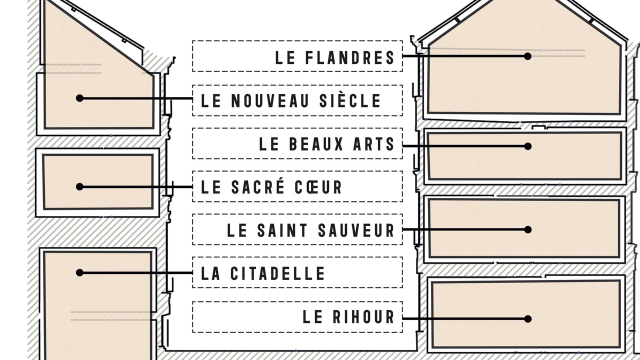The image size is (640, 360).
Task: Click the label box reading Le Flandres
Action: [x=297, y=56]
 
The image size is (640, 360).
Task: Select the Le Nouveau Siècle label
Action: [x=297, y=100]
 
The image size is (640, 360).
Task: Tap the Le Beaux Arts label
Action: [x=297, y=143]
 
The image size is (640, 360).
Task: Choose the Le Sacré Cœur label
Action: [x=297, y=186]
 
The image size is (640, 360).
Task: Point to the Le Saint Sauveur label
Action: [x=297, y=229]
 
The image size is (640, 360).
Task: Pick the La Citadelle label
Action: [x=297, y=272]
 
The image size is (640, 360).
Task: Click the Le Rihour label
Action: [x=297, y=317]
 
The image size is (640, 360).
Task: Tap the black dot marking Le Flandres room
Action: [x=527, y=56]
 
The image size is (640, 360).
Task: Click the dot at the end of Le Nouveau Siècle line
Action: [x=79, y=98]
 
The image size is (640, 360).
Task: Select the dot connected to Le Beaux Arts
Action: [x=527, y=146]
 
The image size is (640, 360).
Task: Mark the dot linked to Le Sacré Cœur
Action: [x=79, y=187]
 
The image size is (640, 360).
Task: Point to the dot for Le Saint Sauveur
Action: [x=527, y=229]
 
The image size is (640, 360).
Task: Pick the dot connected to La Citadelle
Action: [x=79, y=273]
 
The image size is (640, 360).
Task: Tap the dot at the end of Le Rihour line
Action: [x=527, y=319]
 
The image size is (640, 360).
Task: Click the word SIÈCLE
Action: [x=350, y=100]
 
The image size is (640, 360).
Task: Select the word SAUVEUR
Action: [x=356, y=230]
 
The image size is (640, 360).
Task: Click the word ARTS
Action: [x=373, y=144]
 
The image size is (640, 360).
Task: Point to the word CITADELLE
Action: [x=277, y=273]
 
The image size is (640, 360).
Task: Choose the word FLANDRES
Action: [x=350, y=57]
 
